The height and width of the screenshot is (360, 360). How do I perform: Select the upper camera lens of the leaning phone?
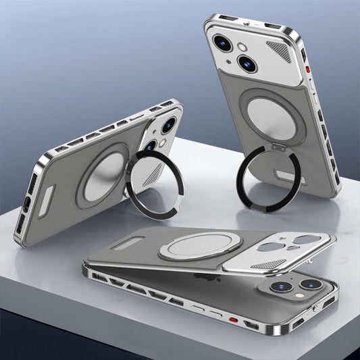click(168, 125)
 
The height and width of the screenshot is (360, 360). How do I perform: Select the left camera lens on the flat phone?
click(279, 286)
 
